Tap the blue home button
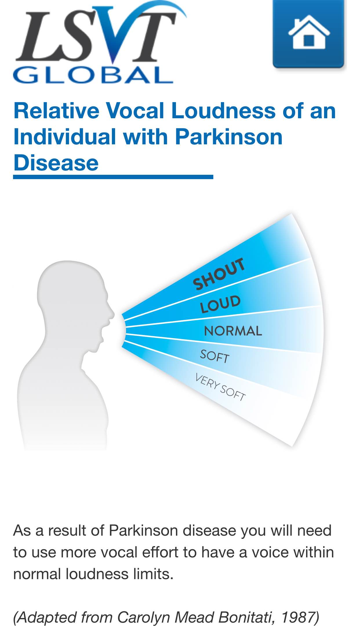click(309, 34)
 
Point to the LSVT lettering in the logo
click(96, 35)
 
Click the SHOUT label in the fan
click(219, 274)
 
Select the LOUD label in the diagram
click(220, 304)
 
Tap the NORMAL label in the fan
click(233, 331)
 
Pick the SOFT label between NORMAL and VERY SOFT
click(215, 356)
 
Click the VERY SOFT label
click(220, 387)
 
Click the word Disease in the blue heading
click(56, 163)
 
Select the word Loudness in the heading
click(223, 111)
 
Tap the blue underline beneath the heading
click(113, 177)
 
